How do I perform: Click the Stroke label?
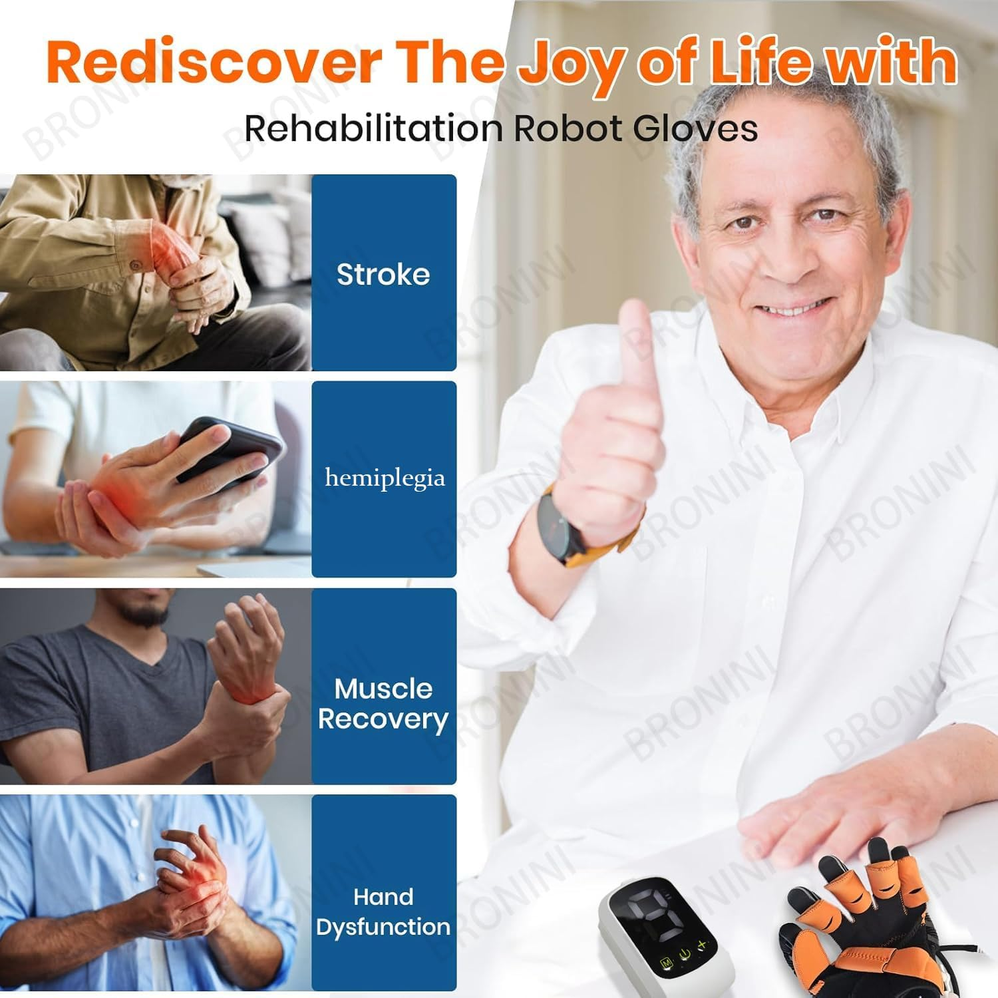(x=383, y=274)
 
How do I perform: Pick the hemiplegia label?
(x=385, y=478)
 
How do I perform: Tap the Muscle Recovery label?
(x=383, y=704)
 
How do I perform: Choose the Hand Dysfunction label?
(x=383, y=912)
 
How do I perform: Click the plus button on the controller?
(x=702, y=945)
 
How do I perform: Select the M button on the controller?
(x=665, y=963)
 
